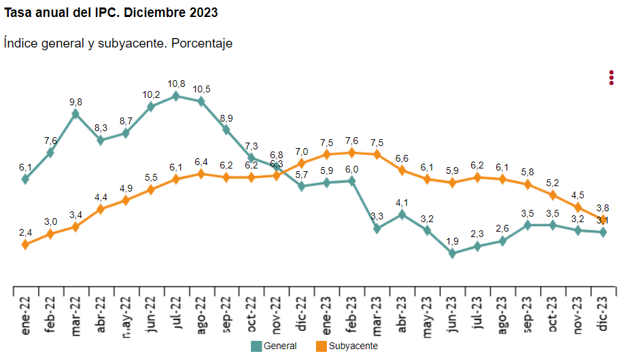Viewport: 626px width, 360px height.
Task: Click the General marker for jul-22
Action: (x=176, y=96)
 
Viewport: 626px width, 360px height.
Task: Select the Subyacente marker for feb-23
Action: (x=352, y=152)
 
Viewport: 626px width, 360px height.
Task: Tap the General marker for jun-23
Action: (x=453, y=253)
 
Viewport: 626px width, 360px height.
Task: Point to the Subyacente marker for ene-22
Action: (x=25, y=245)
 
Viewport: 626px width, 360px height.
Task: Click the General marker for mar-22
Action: (x=75, y=113)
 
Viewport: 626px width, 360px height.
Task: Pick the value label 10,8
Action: (x=176, y=84)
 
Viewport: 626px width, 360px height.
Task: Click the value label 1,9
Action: (x=453, y=240)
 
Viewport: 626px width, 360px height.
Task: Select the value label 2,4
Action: (x=25, y=232)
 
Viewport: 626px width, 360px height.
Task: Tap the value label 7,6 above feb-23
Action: (x=352, y=141)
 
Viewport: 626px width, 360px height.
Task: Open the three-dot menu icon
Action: (x=612, y=77)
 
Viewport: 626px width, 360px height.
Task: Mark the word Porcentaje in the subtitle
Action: (x=202, y=43)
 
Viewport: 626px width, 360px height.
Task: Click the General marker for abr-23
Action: (x=402, y=214)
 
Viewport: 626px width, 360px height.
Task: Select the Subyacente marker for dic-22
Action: (x=302, y=163)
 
